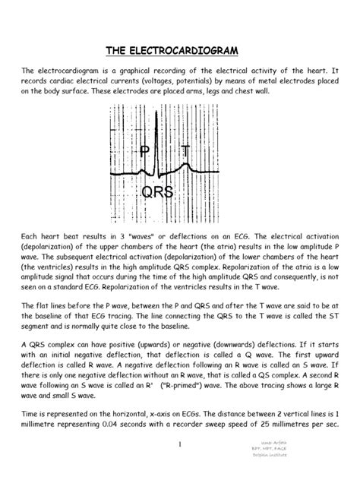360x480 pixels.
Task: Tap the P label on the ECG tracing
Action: [x=144, y=152]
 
